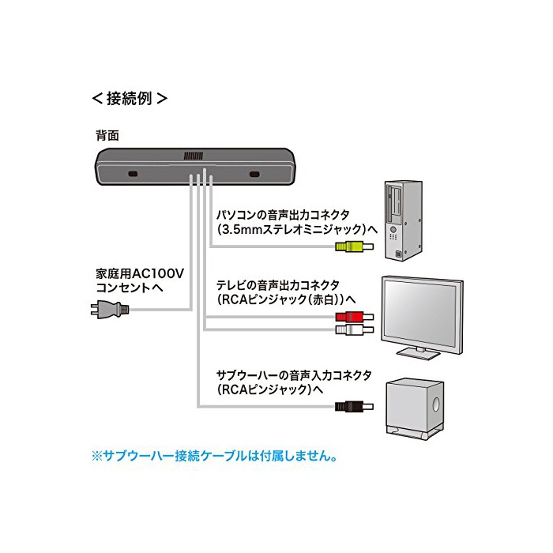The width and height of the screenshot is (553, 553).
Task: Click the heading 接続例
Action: point(130,100)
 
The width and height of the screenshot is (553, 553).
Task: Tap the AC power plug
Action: point(107,309)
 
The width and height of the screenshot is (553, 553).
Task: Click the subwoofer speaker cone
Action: point(434,407)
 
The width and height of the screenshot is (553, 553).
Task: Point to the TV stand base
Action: point(417,352)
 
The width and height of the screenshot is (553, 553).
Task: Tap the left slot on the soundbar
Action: point(132,174)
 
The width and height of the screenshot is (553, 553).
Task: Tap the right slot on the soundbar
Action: point(254,174)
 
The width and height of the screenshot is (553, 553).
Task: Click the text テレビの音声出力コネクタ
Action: point(278,284)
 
